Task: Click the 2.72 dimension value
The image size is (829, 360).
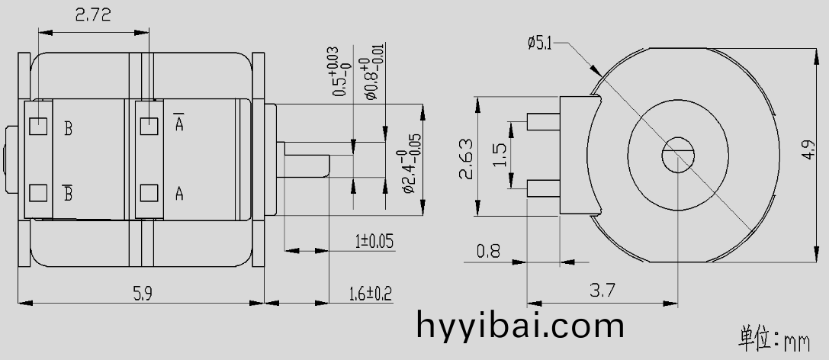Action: click(x=93, y=14)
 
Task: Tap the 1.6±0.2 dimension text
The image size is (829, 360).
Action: click(x=371, y=293)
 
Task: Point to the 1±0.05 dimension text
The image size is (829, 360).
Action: click(x=374, y=241)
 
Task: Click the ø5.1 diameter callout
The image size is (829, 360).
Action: click(x=539, y=43)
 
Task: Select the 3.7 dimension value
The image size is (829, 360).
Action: click(x=602, y=290)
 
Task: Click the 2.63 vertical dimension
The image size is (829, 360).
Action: click(x=466, y=159)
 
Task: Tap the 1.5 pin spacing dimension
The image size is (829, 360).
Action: click(x=500, y=155)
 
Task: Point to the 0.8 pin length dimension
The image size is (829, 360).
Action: click(x=488, y=251)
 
